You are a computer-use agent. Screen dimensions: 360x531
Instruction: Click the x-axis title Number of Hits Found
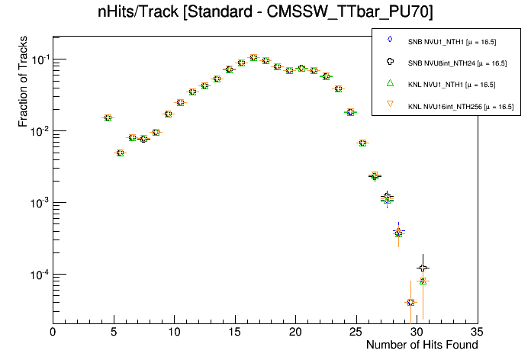coord(422,345)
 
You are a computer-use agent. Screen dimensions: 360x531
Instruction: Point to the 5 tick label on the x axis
coord(114,332)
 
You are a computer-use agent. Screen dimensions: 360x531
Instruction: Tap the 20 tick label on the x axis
coord(295,332)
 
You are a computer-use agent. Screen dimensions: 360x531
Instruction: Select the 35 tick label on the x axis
coord(477,332)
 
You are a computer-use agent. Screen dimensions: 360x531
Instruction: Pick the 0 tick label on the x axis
coord(53,332)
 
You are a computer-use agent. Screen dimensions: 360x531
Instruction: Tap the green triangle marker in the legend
coord(390,83)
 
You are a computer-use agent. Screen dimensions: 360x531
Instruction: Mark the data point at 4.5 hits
coord(108,117)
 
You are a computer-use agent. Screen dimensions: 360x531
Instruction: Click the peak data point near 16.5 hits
coord(253,57)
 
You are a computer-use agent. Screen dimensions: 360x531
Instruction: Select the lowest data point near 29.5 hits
coord(410,303)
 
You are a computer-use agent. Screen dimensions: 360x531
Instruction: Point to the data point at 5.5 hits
coord(120,153)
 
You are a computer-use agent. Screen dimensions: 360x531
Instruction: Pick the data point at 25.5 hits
coord(362,143)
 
